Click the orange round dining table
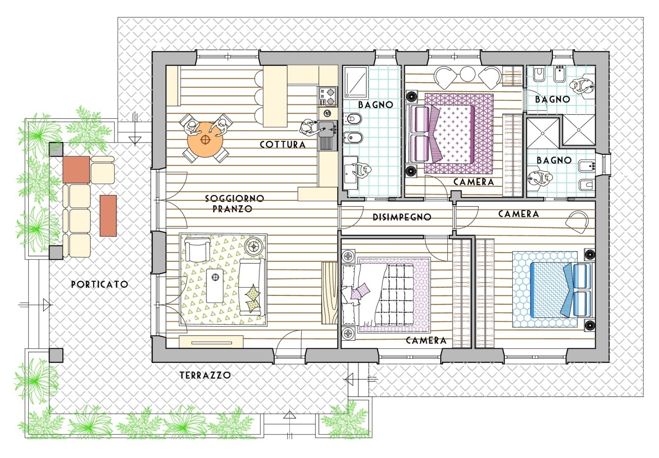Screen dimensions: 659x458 pyautogui.click(x=205, y=139)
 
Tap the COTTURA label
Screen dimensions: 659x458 pyautogui.click(x=283, y=144)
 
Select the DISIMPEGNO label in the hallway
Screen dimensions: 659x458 pyautogui.click(x=402, y=217)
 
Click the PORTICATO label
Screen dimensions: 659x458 pyautogui.click(x=100, y=284)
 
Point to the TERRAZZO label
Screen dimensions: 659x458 pyautogui.click(x=205, y=375)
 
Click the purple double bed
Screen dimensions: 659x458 pyautogui.click(x=449, y=133)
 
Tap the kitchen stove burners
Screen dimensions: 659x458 pyautogui.click(x=327, y=96)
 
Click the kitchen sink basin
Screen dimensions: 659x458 pyautogui.click(x=327, y=129)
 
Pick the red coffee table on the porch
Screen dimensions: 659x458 pyautogui.click(x=108, y=216)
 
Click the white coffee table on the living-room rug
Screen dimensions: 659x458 pyautogui.click(x=215, y=285)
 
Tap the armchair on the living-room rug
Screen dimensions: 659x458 pyautogui.click(x=197, y=250)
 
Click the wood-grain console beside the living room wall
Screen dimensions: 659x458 pyautogui.click(x=329, y=293)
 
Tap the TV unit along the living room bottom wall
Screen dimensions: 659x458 pyautogui.click(x=211, y=342)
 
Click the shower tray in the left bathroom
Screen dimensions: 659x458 pyautogui.click(x=356, y=82)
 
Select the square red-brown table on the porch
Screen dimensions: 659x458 pyautogui.click(x=76, y=170)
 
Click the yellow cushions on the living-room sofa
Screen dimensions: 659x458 pyautogui.click(x=252, y=298)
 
